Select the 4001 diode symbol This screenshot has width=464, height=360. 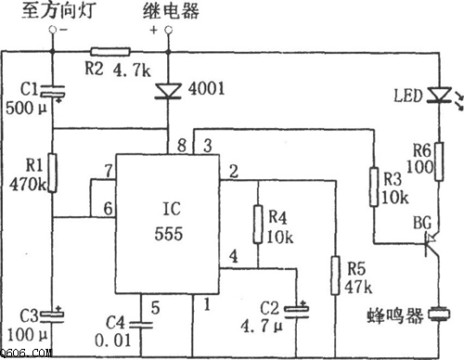[x=168, y=90]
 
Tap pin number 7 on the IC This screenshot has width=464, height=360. [x=110, y=170]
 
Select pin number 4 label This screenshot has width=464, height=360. [x=234, y=255]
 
